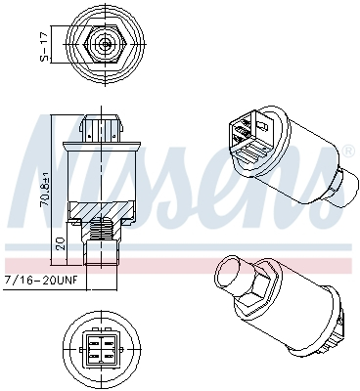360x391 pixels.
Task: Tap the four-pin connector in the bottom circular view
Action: [x=103, y=349]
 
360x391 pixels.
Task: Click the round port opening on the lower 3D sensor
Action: [x=234, y=270]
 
